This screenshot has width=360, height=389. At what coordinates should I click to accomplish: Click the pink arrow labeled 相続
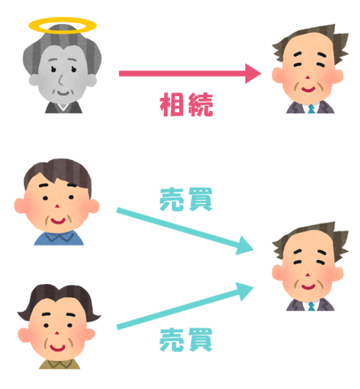[x=190, y=73]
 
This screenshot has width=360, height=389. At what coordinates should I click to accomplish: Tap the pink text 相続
[x=186, y=104]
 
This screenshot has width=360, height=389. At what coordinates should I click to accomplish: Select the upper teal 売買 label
[x=186, y=200]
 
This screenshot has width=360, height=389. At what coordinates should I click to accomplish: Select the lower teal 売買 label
[x=186, y=340]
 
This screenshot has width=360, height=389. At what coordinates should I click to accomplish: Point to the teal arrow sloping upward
[x=185, y=305]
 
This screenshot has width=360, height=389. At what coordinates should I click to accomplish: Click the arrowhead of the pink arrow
[x=253, y=73]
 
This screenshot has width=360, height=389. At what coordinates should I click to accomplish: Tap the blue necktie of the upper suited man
[x=311, y=109]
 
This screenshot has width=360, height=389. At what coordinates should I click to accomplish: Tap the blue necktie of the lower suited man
[x=311, y=307]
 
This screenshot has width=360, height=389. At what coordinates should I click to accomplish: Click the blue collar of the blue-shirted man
[x=59, y=237]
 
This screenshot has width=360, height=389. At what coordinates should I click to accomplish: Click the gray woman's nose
[x=60, y=80]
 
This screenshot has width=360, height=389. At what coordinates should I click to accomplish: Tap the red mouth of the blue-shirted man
[x=58, y=221]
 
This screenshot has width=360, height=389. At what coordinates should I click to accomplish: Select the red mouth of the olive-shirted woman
[x=57, y=348]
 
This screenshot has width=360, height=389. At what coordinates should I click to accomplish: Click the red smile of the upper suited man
[x=308, y=89]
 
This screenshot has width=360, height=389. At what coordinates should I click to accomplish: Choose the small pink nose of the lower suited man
[x=308, y=275]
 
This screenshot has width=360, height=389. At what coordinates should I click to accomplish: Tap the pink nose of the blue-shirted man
[x=57, y=206]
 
